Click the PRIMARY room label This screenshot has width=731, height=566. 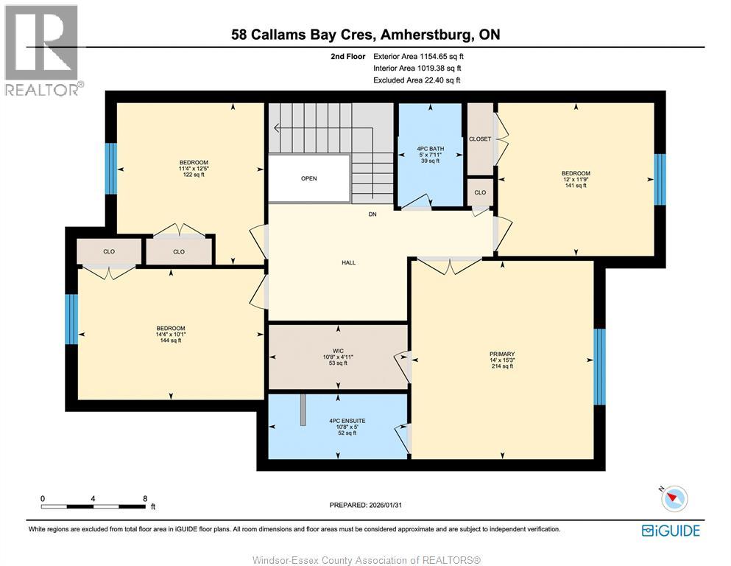point(502,354)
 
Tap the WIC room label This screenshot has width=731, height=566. point(338,350)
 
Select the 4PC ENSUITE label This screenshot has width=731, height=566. point(338,421)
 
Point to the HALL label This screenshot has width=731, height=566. point(349,262)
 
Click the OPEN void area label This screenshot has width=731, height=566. point(309,178)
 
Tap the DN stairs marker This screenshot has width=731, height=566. point(373,215)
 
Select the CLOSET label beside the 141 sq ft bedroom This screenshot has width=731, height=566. point(480,139)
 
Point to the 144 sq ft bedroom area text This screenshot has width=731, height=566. point(170,340)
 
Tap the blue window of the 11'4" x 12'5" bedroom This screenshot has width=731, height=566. point(111,168)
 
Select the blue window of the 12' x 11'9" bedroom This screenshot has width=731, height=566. point(660,180)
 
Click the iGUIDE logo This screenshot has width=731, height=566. point(671,530)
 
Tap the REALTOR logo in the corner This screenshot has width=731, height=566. point(43,50)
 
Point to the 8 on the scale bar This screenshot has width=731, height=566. point(145,498)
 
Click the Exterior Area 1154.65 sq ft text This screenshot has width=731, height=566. point(419,56)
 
